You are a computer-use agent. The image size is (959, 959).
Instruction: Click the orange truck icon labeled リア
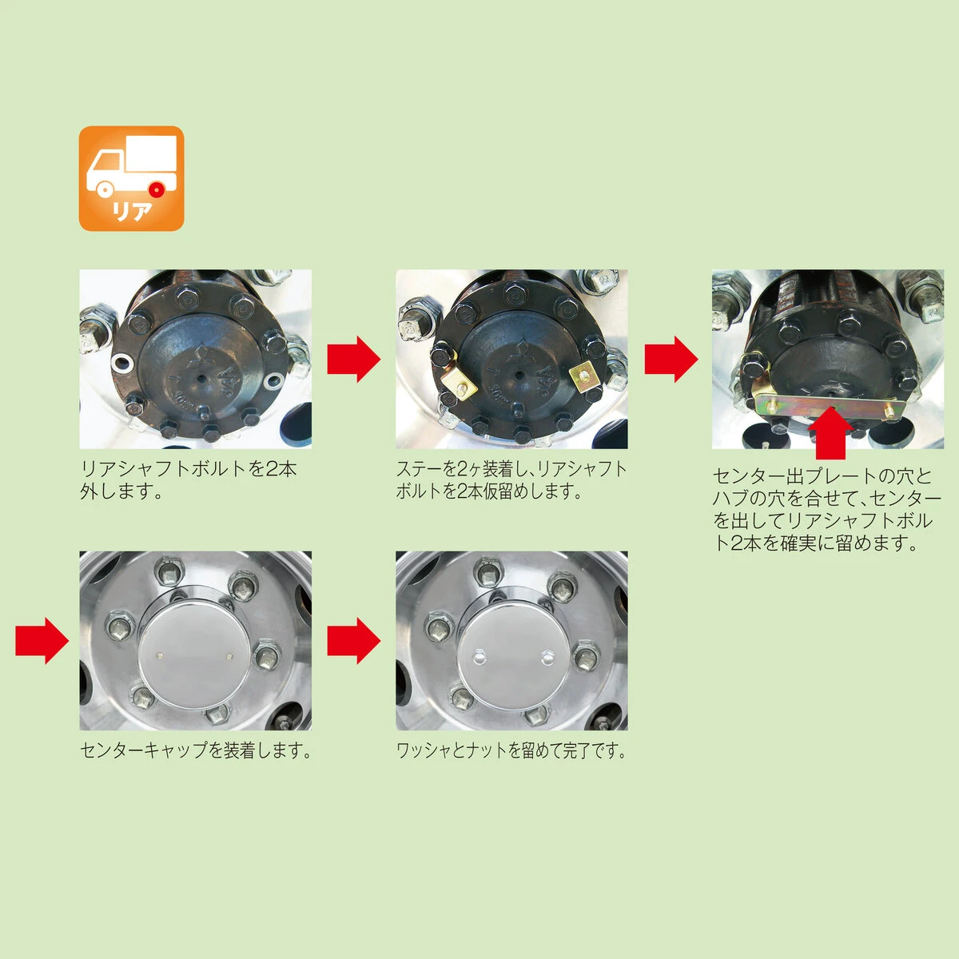(131, 178)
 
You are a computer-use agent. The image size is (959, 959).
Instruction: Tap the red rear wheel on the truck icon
(157, 189)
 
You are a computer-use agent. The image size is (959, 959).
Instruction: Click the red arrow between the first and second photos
(353, 359)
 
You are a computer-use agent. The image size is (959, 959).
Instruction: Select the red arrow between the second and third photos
(671, 359)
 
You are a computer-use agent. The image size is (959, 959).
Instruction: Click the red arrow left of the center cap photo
(42, 640)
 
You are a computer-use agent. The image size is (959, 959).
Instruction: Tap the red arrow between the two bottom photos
(353, 640)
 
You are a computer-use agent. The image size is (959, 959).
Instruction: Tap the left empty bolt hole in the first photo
(122, 364)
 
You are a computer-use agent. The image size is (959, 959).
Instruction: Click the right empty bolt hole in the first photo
(274, 382)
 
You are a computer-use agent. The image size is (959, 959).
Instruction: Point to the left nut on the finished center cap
(478, 656)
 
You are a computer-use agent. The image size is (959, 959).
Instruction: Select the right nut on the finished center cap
(547, 657)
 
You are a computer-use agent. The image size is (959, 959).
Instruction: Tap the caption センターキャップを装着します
(196, 750)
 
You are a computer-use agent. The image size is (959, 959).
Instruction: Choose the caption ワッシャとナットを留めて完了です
(511, 750)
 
